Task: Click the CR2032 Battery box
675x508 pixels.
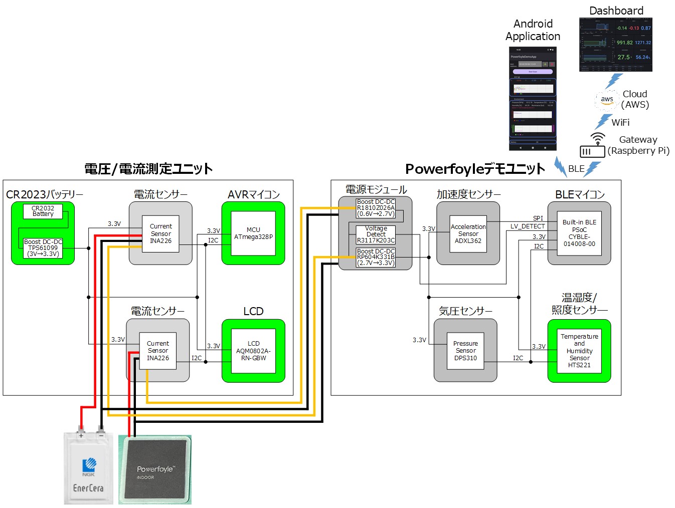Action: (43, 211)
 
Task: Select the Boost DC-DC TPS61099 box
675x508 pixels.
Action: (43, 248)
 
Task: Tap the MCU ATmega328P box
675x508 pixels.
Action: (253, 233)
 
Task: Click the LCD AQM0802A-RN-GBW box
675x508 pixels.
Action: (253, 351)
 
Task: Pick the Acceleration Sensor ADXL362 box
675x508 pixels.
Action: (468, 233)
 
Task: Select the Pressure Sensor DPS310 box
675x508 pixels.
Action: (465, 351)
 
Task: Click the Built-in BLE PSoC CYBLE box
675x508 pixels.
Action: (579, 233)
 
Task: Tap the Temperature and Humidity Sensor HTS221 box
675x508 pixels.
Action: (579, 351)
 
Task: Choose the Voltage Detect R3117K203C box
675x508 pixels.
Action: (376, 234)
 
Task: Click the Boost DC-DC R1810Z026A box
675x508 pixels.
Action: (376, 208)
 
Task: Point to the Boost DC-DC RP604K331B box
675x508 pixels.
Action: (376, 257)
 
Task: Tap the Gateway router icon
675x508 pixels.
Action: (593, 146)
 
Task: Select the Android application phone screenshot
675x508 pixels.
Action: (533, 99)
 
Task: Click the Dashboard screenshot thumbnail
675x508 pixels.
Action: (615, 45)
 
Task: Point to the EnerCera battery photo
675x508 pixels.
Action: (88, 468)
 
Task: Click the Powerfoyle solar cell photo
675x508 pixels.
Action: (155, 469)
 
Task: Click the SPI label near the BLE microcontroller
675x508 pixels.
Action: (538, 218)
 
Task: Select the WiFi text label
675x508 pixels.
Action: (620, 122)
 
